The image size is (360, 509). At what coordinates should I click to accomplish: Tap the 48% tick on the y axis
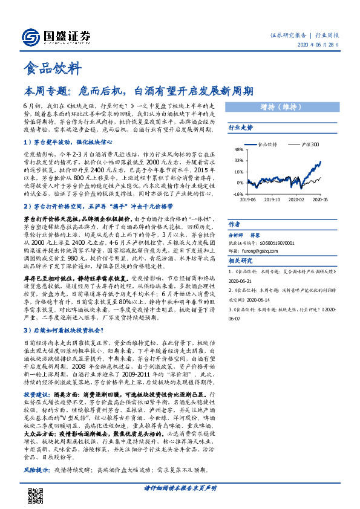click(239, 149)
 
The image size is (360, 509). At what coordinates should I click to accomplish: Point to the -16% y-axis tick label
click(238, 194)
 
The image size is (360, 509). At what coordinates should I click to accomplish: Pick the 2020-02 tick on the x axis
click(296, 198)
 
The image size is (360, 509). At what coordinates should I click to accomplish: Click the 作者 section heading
click(234, 223)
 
